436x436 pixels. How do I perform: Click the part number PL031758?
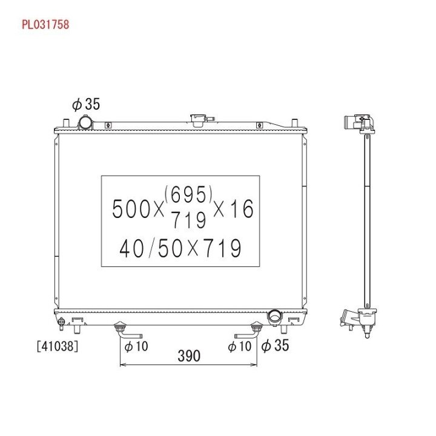45,24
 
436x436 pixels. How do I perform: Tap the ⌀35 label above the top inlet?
85,104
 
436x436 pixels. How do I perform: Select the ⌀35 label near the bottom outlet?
275,345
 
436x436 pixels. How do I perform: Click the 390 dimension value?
189,356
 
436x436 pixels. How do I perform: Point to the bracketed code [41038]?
58,346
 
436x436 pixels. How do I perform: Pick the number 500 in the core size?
131,209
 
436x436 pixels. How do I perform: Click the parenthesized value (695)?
188,194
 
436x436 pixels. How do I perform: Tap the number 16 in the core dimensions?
242,209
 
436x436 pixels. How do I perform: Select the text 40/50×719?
180,248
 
